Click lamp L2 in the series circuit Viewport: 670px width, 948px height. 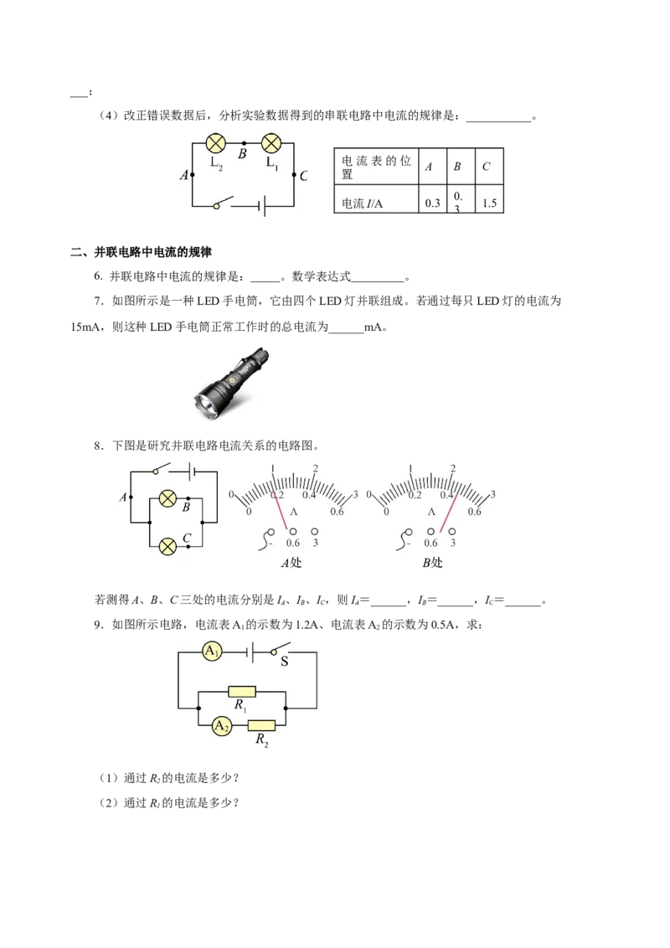click(216, 143)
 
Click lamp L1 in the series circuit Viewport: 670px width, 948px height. click(271, 143)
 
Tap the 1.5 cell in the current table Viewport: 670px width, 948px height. click(489, 204)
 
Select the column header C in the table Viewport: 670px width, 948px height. click(487, 167)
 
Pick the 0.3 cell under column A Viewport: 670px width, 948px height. click(432, 204)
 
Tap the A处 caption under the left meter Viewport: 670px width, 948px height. click(291, 563)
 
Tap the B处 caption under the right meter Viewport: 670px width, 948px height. click(432, 563)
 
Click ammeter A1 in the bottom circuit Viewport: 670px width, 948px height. click(212, 652)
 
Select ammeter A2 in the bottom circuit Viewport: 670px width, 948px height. click(222, 725)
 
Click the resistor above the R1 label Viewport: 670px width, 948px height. click(241, 692)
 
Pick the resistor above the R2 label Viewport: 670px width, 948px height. click(261, 725)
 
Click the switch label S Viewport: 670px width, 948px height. click(284, 662)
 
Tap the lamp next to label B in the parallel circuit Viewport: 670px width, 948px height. click(167, 499)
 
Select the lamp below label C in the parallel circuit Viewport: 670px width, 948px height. click(167, 547)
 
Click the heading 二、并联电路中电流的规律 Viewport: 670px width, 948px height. click(141, 252)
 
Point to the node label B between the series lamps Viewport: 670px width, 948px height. click(243, 154)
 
